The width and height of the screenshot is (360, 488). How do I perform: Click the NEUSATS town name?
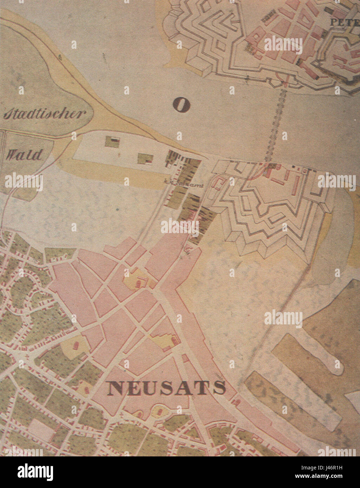[166, 388]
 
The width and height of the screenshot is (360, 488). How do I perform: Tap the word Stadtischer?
[45, 114]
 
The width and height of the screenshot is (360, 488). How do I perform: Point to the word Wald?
[24, 154]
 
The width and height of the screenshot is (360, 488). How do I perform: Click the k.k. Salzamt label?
[184, 182]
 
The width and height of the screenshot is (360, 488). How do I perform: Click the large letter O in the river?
[181, 105]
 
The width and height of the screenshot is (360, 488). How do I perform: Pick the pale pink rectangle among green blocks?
[41, 430]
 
